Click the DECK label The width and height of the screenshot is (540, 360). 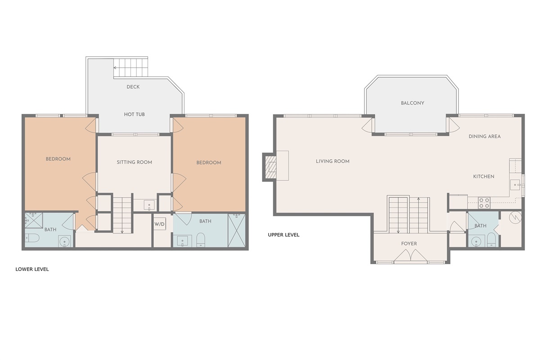coord(133,87)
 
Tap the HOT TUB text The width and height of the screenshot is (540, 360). coord(134,115)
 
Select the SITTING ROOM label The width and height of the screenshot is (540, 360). coord(134,162)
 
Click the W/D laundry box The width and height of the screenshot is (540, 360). coord(159,224)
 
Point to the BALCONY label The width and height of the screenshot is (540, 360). coord(413,103)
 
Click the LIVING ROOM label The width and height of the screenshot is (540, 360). coord(333,161)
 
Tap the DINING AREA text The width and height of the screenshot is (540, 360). coord(485,136)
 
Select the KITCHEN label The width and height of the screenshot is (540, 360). coord(484,176)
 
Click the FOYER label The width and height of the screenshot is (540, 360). coord(409,244)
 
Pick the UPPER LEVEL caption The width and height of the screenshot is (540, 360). coord(283,235)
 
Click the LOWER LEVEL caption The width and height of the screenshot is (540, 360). coord(32,270)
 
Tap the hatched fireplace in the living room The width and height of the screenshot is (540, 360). coord(271,167)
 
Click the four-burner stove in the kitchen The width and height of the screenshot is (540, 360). coord(484,203)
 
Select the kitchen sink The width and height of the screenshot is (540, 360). coord(515,185)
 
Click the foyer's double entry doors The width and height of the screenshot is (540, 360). coord(410,255)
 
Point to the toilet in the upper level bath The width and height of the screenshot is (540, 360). coord(491,240)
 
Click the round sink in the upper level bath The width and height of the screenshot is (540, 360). coord(476,241)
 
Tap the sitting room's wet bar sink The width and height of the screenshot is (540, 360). coord(149,205)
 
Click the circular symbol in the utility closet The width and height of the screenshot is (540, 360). coord(515,218)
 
